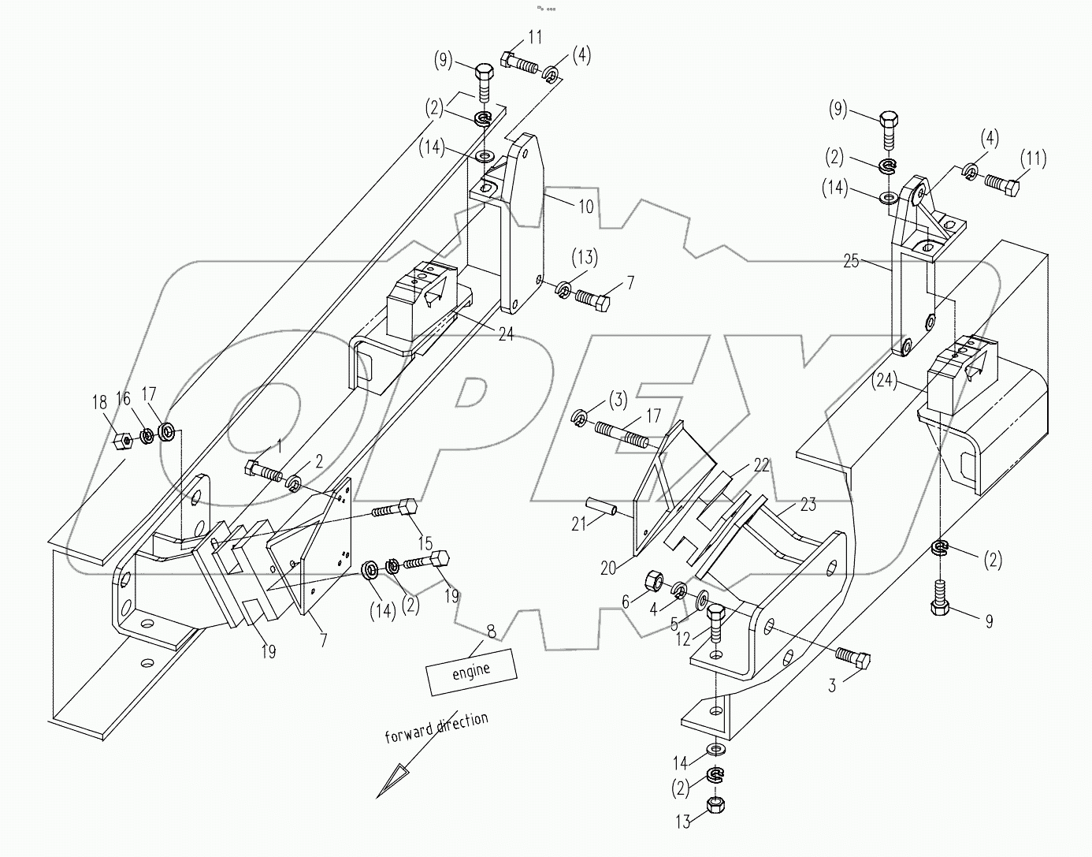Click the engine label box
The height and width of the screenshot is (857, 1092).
coord(470,671)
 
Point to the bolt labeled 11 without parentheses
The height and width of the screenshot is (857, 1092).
coord(517,60)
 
